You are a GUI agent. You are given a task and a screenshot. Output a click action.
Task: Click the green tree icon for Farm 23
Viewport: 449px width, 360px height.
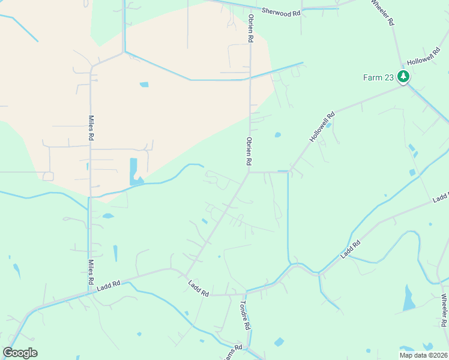click(405, 77)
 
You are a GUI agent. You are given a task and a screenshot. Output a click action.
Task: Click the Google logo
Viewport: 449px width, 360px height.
click(20, 353)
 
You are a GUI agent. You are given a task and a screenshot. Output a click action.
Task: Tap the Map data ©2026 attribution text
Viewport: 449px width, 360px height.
click(423, 355)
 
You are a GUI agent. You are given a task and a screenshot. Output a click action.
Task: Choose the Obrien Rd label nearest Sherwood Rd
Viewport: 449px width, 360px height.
click(251, 29)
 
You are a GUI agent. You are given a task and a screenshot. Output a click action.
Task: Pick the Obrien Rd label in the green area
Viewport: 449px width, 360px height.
click(248, 151)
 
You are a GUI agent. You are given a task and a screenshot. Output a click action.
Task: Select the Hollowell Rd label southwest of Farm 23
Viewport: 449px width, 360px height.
click(321, 127)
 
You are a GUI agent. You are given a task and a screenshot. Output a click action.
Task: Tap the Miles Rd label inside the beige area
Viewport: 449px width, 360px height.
click(91, 128)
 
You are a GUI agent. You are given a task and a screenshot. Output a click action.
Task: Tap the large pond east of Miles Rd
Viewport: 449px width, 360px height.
click(134, 171)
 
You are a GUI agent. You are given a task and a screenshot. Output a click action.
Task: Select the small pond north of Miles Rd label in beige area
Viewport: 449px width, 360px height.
click(144, 85)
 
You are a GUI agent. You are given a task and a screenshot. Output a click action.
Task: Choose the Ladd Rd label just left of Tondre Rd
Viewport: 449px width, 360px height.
click(198, 288)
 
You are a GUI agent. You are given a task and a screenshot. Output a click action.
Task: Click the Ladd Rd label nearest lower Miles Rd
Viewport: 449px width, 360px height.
click(109, 286)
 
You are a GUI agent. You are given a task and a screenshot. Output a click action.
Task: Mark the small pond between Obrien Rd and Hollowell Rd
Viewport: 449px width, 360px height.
click(277, 134)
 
